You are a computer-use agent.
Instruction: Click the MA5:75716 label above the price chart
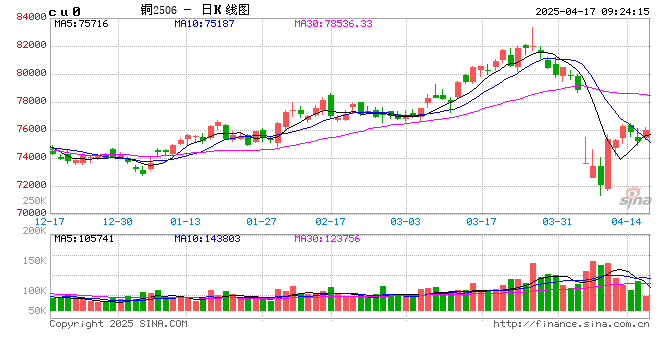[81, 22]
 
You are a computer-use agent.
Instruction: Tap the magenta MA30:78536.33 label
[333, 22]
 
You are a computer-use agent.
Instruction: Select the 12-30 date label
[118, 220]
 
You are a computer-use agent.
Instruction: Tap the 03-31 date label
[555, 220]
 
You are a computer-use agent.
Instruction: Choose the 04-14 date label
[626, 220]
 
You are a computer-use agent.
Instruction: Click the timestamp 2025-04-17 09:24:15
[592, 8]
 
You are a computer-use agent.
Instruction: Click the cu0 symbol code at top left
[66, 9]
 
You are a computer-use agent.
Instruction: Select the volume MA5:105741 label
[84, 238]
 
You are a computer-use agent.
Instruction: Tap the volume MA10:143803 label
[208, 238]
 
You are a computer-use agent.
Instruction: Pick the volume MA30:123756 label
[328, 238]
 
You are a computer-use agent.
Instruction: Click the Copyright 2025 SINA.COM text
[118, 324]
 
